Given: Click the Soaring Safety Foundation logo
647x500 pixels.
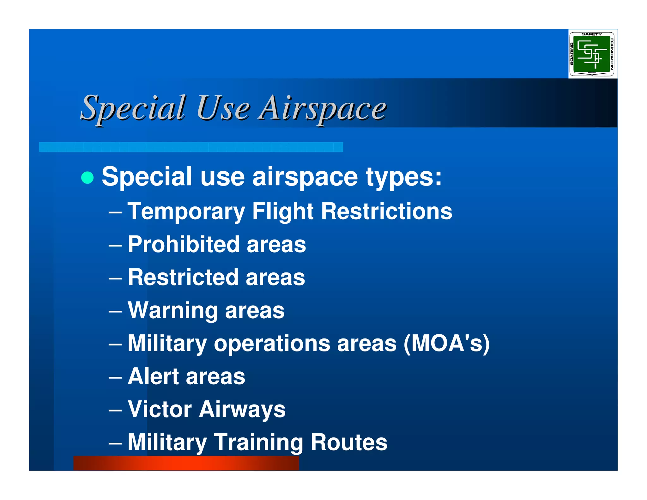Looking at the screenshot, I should (592, 54).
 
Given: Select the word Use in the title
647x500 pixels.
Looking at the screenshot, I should (223, 108).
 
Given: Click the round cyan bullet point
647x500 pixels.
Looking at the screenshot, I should (88, 177).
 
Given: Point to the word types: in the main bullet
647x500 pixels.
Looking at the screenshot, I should (404, 177).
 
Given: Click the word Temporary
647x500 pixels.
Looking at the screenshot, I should (186, 211).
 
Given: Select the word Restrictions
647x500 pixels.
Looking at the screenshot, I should (386, 211).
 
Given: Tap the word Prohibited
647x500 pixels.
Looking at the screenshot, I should (184, 244).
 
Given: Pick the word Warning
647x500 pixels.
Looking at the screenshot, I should (172, 310).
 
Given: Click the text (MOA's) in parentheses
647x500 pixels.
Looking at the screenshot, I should (446, 343).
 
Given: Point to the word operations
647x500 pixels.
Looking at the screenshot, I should (272, 343).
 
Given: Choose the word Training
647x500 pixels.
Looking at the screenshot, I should (258, 442).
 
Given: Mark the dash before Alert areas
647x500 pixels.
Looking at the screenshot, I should (115, 377).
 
